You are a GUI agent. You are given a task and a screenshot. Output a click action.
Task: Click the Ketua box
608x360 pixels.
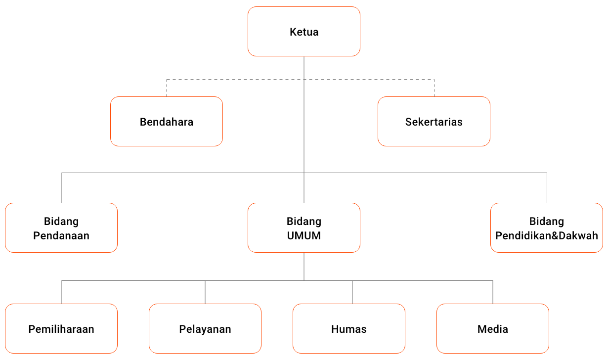[x=304, y=32]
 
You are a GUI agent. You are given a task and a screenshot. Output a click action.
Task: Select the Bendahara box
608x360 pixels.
[x=167, y=122]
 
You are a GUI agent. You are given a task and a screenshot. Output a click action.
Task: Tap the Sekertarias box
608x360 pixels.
[x=434, y=122]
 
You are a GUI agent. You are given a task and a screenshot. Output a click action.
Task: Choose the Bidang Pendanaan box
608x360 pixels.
[x=61, y=228]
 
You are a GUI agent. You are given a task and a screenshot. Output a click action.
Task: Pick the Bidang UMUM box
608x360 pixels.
[x=304, y=228]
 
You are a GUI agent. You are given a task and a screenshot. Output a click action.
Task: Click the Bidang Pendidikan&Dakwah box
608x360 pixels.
[x=546, y=228]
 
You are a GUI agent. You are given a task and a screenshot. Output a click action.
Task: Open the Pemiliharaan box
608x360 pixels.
[x=61, y=329]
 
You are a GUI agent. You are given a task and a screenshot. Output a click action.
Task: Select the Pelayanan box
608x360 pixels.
[x=205, y=329]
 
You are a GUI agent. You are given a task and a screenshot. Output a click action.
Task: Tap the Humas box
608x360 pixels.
[x=348, y=329]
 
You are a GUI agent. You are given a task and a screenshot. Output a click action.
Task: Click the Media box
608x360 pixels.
[x=492, y=329]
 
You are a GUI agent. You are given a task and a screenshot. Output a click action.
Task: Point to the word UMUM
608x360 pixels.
[x=304, y=236]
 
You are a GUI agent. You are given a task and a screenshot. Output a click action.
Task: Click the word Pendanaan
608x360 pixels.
[x=61, y=236]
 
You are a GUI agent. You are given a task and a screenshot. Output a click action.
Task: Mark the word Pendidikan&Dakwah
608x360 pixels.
[x=546, y=236]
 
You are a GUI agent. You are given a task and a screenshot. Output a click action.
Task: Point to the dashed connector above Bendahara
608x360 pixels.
[x=167, y=88]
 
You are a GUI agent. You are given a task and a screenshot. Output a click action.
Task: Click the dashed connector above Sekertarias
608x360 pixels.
[x=434, y=88]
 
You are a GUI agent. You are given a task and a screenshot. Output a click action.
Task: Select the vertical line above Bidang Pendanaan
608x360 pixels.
[x=61, y=188]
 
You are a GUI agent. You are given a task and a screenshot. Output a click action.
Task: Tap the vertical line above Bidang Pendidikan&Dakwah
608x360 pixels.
[x=547, y=188]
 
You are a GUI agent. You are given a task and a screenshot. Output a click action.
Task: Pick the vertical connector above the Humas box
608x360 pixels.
[x=352, y=292]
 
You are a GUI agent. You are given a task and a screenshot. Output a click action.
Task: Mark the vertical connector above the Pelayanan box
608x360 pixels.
[x=205, y=292]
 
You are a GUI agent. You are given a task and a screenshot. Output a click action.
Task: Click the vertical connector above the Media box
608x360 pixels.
[x=493, y=292]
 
